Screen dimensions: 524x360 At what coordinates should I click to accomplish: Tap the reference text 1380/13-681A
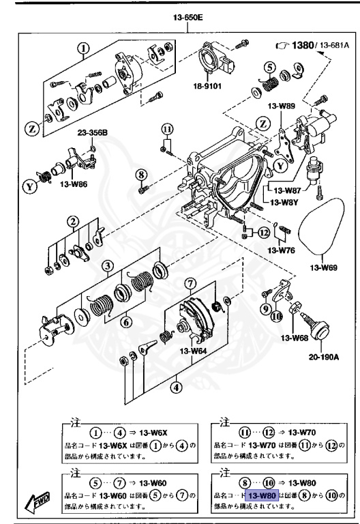[311, 46]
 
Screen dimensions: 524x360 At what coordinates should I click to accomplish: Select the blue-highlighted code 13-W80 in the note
[261, 495]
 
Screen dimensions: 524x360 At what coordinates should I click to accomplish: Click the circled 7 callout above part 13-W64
[190, 282]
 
